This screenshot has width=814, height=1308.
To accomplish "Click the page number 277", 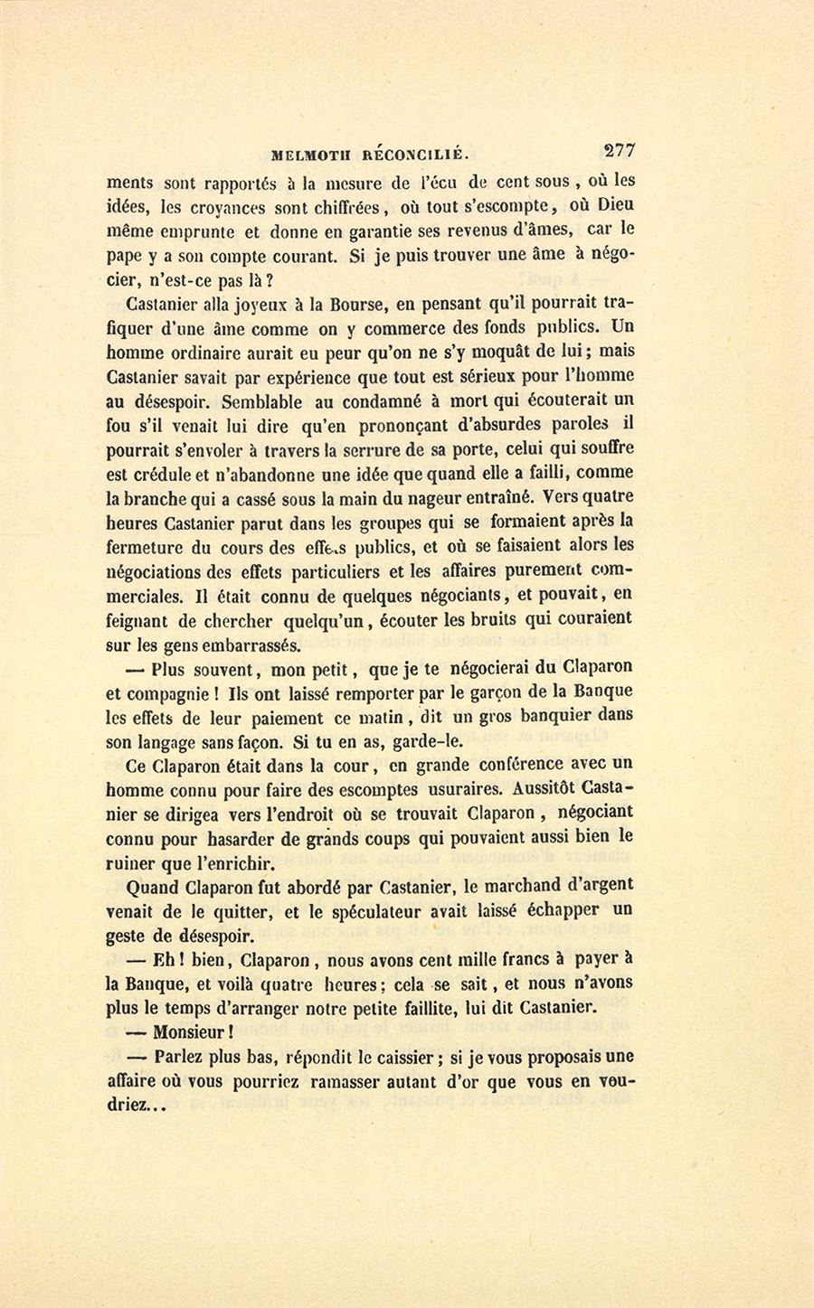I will [618, 151].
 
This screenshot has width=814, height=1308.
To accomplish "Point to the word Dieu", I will [610, 204].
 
